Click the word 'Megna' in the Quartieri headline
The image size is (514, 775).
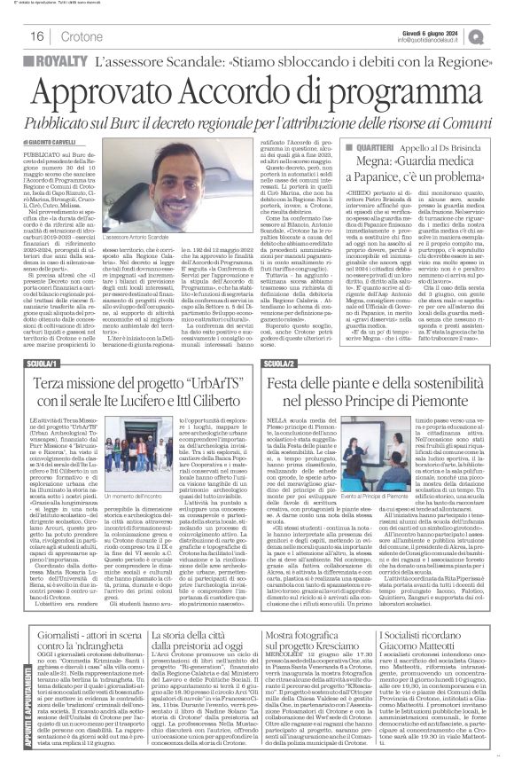[x=372, y=160]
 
